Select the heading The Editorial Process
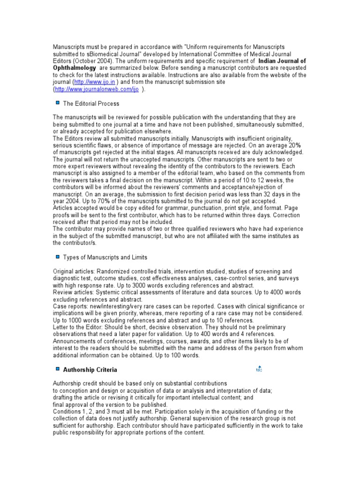[91, 104]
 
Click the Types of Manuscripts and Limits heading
[105, 257]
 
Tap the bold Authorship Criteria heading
[90, 370]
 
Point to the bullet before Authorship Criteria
[57, 369]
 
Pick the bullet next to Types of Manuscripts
[57, 257]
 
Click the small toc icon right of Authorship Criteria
[259, 369]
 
